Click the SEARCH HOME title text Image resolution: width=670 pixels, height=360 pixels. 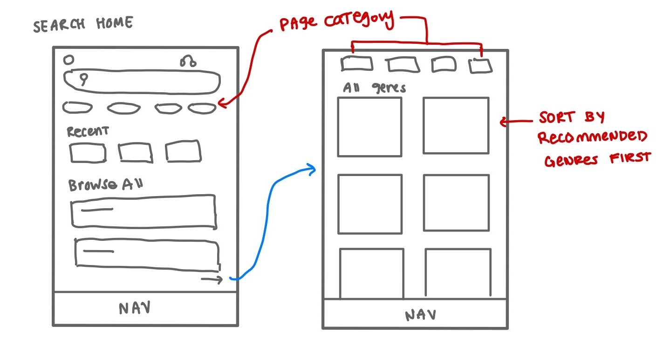click(83, 24)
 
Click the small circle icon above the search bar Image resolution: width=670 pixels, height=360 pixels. click(68, 60)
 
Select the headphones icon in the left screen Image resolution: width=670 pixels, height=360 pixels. click(189, 61)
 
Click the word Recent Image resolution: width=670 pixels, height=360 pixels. click(88, 131)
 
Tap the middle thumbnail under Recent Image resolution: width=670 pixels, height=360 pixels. click(135, 152)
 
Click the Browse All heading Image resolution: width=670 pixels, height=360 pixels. click(105, 185)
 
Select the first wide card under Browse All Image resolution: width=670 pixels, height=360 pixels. click(144, 211)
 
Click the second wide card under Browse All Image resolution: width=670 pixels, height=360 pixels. click(147, 254)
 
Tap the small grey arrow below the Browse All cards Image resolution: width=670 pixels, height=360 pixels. click(212, 279)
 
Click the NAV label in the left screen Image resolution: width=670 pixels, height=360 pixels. click(135, 308)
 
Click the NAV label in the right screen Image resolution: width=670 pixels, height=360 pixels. click(420, 315)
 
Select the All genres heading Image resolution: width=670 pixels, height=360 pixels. click(374, 88)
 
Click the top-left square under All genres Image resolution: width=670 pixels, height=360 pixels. click(369, 127)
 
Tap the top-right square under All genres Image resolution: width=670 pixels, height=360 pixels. click(456, 125)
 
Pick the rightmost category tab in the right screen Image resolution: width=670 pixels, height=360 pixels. click(480, 66)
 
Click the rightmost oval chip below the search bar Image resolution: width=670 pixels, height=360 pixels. click(202, 108)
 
